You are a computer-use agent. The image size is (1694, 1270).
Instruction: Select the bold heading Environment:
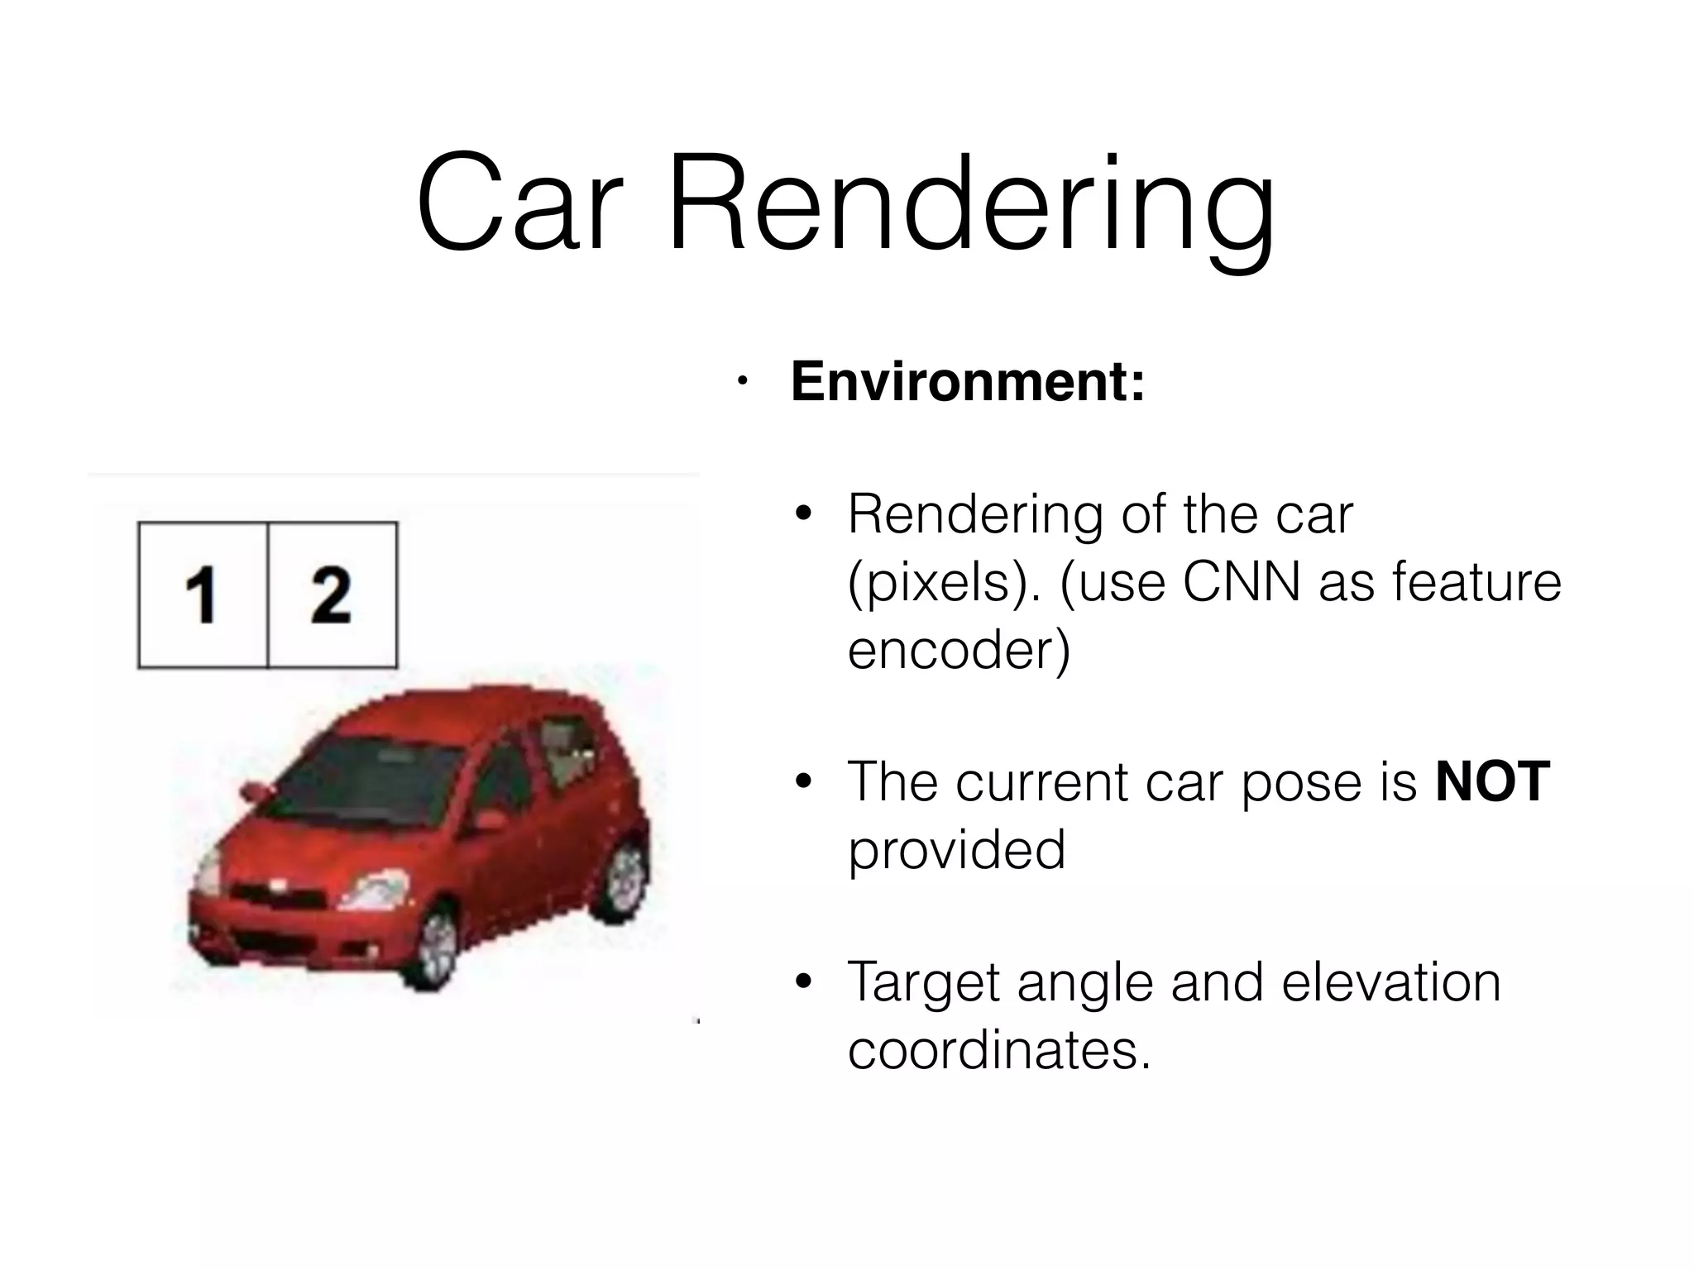click(968, 382)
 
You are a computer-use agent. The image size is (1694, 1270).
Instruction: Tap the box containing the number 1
click(203, 594)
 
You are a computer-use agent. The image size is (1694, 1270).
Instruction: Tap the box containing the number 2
click(332, 594)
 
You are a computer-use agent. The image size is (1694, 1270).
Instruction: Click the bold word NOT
click(1492, 781)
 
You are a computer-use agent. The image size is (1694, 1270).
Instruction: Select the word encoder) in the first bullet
click(959, 650)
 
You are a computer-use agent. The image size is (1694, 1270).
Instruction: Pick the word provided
click(956, 850)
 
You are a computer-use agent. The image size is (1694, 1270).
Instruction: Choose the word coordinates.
click(999, 1050)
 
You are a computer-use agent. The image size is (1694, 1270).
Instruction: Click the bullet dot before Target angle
click(802, 982)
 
